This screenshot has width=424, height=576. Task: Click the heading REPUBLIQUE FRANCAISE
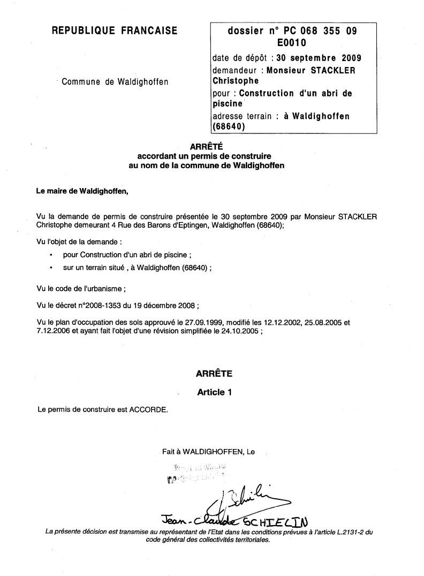pyautogui.click(x=114, y=31)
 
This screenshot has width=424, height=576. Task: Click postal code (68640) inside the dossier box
pyautogui.click(x=229, y=127)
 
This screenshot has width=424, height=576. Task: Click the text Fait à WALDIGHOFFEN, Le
pyautogui.click(x=208, y=452)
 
